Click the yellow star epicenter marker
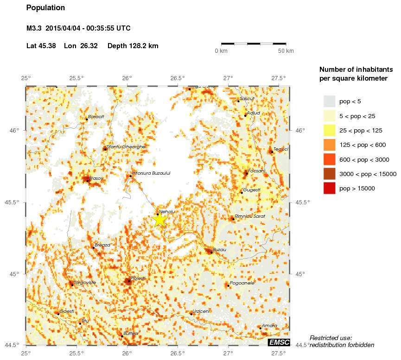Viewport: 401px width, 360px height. [159, 219]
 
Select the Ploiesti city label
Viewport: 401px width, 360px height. [138, 278]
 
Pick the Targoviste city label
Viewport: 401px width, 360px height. [85, 282]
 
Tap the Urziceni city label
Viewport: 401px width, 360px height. [201, 311]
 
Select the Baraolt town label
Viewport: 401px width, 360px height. [96, 117]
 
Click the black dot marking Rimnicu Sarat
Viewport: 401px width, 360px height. [233, 219]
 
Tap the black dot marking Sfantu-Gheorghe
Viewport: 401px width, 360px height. [105, 149]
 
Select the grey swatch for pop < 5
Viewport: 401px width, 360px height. [329, 101]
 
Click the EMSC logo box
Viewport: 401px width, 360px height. [279, 342]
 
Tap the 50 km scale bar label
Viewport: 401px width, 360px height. [286, 51]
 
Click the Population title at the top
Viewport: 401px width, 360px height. [45, 8]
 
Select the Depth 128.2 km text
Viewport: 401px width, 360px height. [133, 46]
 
